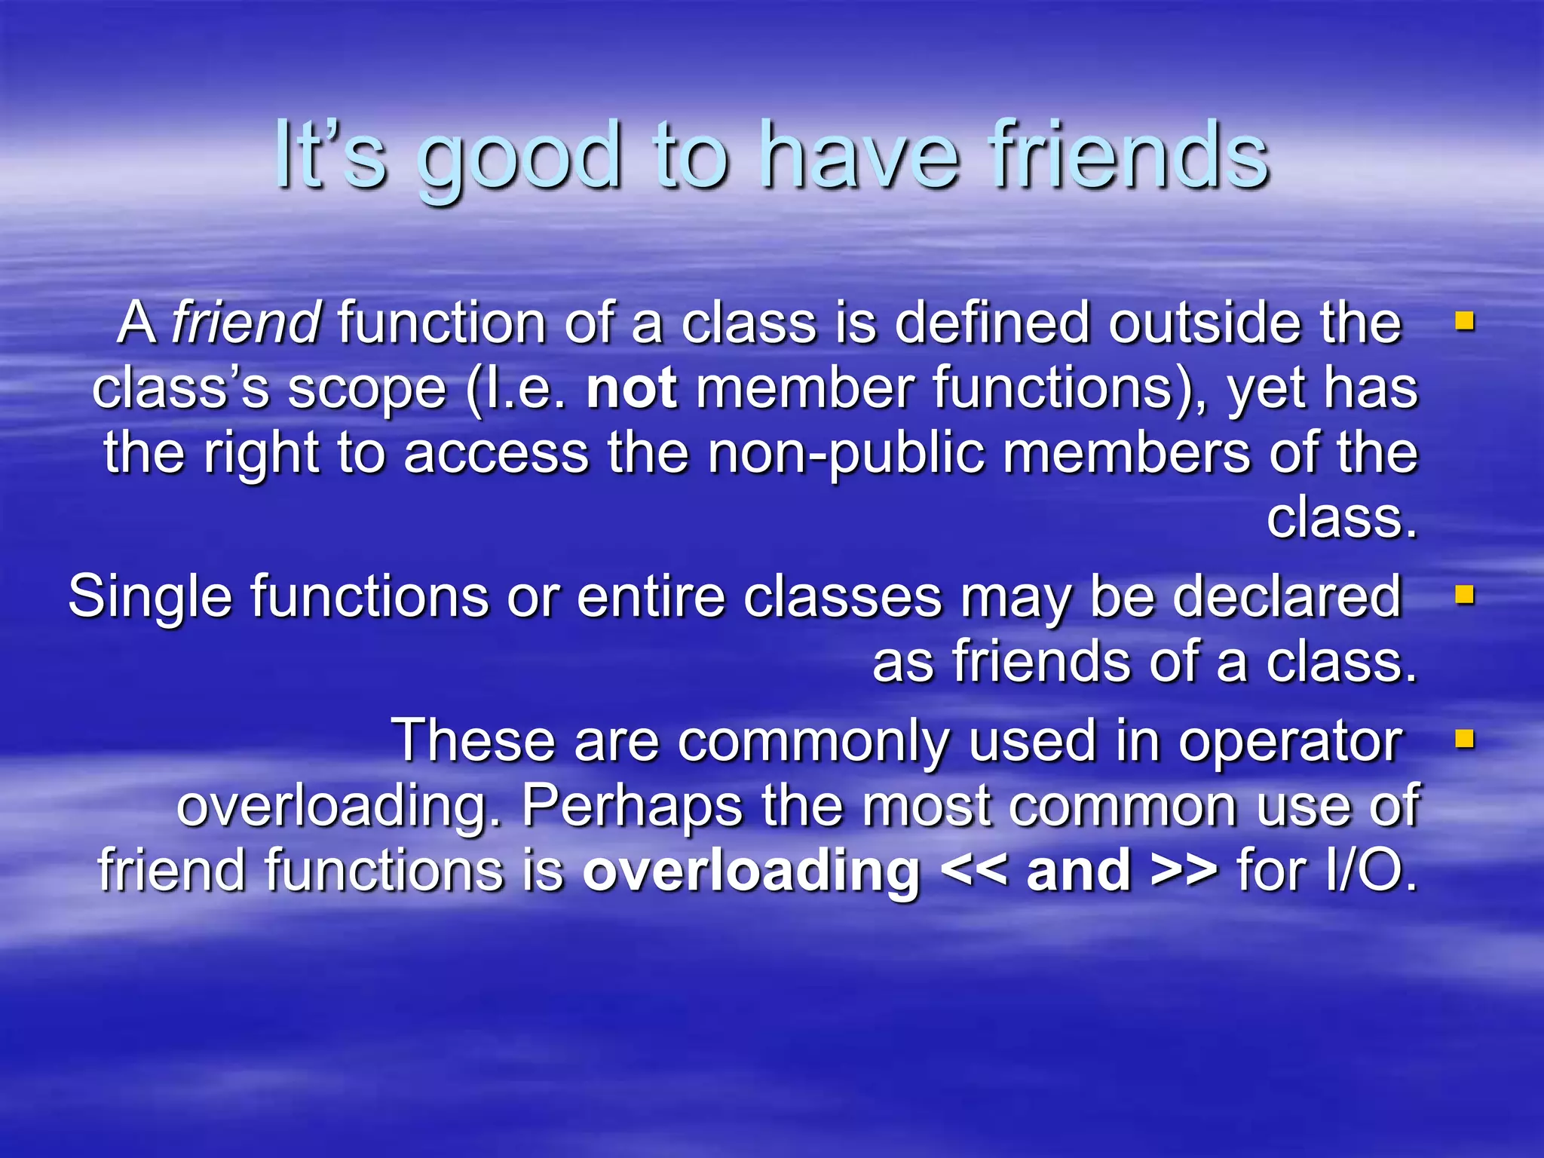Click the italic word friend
(x=247, y=322)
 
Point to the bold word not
(x=632, y=388)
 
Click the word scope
(x=367, y=389)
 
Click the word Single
(x=150, y=596)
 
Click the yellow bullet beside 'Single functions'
(x=1464, y=596)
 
